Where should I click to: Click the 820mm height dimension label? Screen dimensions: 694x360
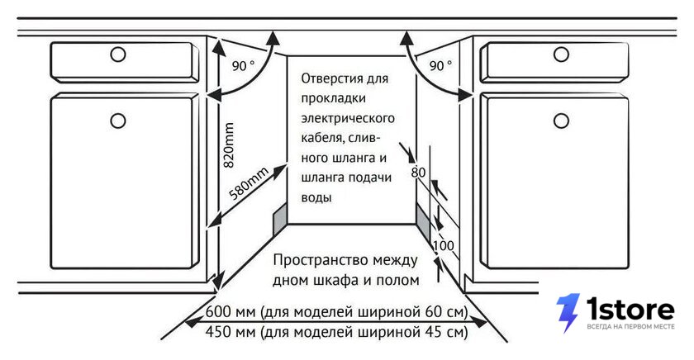point(228,145)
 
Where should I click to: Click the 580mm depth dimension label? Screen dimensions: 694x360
point(249,184)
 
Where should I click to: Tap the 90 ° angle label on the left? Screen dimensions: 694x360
point(243,66)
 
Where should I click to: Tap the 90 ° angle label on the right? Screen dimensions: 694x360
point(440,66)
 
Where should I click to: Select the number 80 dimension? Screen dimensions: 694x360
point(418,172)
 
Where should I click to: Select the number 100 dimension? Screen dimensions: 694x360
point(444,245)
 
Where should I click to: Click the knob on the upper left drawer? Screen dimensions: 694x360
point(118,54)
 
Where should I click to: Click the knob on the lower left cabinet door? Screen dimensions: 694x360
point(118,121)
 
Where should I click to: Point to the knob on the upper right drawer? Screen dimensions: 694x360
point(561,54)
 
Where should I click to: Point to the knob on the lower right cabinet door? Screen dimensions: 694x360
point(561,121)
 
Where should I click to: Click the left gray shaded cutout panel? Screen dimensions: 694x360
point(280,220)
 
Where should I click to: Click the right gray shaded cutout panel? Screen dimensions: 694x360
point(423,222)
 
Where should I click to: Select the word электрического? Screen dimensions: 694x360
point(348,119)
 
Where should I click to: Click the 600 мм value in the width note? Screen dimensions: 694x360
point(231,312)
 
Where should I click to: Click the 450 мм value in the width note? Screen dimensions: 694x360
point(231,331)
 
